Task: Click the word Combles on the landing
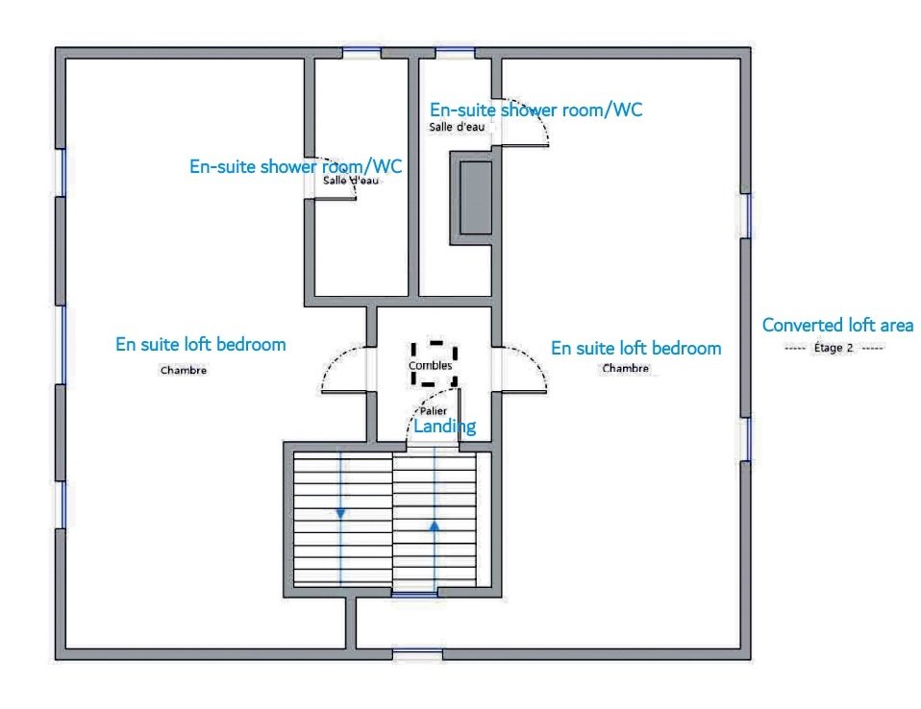point(430,365)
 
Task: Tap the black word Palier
point(433,411)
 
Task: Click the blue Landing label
point(445,427)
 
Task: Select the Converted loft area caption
point(837,325)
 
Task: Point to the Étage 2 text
point(833,348)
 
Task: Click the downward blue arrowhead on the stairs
point(340,514)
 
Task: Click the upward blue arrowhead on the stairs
point(435,526)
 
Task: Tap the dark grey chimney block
point(475,198)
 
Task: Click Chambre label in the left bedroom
point(184,370)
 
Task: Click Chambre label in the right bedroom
point(626,368)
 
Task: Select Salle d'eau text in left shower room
point(351,181)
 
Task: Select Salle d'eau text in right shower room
point(457,127)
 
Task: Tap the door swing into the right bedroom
point(535,359)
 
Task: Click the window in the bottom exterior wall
point(417,653)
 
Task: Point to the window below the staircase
point(414,594)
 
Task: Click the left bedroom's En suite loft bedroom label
point(200,345)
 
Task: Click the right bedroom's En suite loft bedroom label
point(636,348)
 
